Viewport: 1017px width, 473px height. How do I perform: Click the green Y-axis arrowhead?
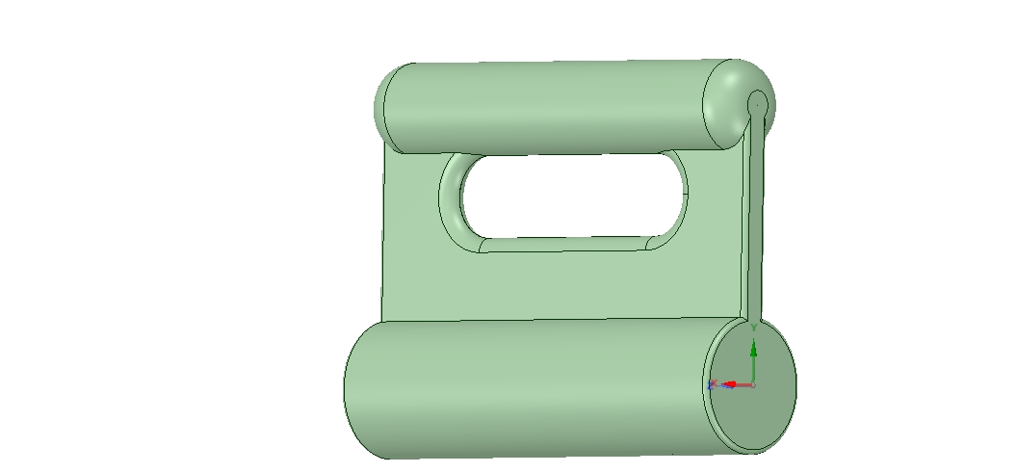(753, 350)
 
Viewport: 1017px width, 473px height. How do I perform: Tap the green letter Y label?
(754, 328)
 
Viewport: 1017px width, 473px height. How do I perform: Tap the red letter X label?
(714, 384)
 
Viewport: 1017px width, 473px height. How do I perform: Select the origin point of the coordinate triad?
(753, 384)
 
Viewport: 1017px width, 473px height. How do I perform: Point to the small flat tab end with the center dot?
(757, 102)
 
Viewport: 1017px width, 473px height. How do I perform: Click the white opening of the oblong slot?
(573, 197)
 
